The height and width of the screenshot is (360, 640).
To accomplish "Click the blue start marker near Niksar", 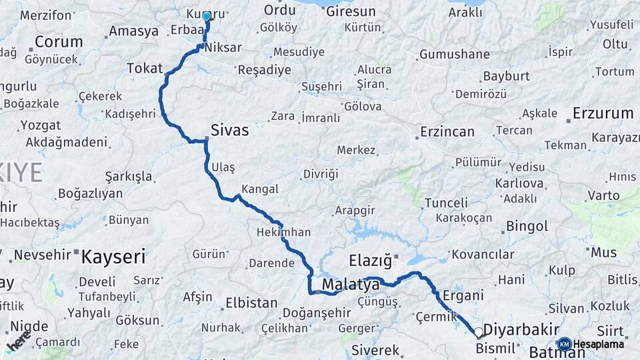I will point(207,16).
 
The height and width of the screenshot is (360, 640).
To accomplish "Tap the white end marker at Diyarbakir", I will point(478,331).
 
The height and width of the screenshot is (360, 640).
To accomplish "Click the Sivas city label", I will point(229,130).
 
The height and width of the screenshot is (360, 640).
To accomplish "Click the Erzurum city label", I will point(602,113).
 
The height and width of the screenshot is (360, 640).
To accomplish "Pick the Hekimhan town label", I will point(283,233).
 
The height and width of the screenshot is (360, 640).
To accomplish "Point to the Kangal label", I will point(260,189).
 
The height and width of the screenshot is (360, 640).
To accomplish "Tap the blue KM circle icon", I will point(564,344).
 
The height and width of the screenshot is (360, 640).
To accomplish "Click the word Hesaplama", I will point(598,345).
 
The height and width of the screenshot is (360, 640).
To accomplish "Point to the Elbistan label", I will point(251,303).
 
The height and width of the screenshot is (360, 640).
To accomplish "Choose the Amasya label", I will point(133,31).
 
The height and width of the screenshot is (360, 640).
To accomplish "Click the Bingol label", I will point(527,226).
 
